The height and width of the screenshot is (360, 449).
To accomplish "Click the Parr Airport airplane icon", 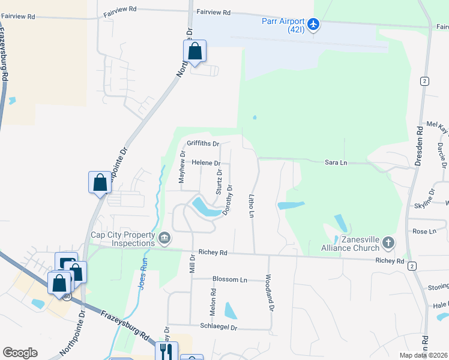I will pos(313,24).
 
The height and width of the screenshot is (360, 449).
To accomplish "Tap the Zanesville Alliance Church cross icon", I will pos(388,243).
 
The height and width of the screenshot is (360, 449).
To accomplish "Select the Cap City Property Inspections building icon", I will pos(164,239).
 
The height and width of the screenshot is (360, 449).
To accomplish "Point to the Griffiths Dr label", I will pos(203,144).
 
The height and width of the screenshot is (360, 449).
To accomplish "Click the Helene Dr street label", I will pos(206,163).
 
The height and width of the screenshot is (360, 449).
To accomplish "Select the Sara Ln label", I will pos(336,162).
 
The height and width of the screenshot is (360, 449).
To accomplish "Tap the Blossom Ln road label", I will pos(230,280).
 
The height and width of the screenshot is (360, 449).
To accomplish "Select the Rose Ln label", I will pos(420,231).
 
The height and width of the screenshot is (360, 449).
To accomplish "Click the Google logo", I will pos(20,353).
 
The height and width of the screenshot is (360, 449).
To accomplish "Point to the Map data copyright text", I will pos(424,355).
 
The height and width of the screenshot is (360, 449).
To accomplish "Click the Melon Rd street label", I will pos(213,300).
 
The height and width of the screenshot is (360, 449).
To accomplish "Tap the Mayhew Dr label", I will pos(182,166).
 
